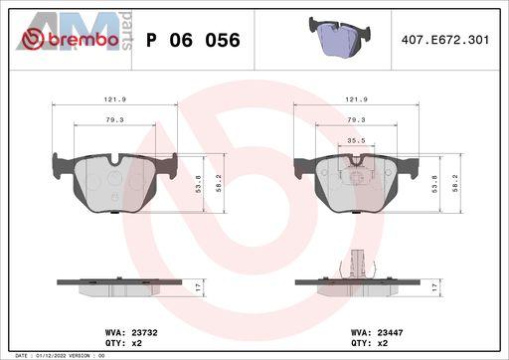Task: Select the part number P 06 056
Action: pyautogui.click(x=193, y=40)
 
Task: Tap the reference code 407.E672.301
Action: pyautogui.click(x=445, y=40)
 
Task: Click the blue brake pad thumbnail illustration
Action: pyautogui.click(x=340, y=36)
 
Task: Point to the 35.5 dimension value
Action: pyautogui.click(x=356, y=140)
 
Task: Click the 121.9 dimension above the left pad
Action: pyautogui.click(x=114, y=99)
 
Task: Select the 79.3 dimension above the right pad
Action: pyautogui.click(x=356, y=119)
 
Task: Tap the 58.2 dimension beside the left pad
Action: pyautogui.click(x=219, y=183)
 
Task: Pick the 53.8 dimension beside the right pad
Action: pyautogui.click(x=434, y=184)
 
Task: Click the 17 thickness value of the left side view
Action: pyautogui.click(x=198, y=287)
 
